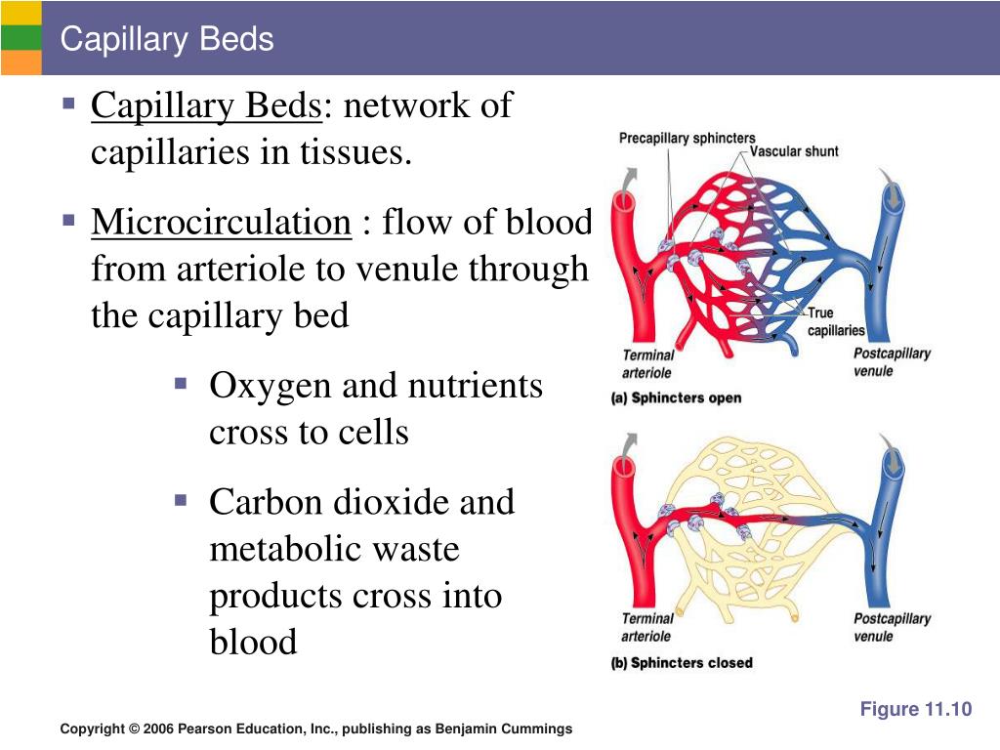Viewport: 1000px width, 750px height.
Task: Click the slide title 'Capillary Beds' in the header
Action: [x=166, y=40]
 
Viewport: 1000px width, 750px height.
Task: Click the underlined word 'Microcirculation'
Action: [x=221, y=223]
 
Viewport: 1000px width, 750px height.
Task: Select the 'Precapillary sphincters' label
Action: [x=687, y=139]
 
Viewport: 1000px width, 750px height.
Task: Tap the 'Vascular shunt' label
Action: [x=794, y=151]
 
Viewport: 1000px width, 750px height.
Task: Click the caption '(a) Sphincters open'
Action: [x=676, y=398]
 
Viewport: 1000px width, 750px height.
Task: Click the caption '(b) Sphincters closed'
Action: [x=682, y=663]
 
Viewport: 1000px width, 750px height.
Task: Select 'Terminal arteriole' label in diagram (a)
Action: [x=647, y=363]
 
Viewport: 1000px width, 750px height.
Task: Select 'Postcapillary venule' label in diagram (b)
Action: [x=892, y=627]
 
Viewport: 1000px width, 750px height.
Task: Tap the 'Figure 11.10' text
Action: [x=915, y=710]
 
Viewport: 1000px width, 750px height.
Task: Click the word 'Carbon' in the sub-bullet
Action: [x=266, y=502]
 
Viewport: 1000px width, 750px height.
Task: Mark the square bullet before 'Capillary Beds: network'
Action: [x=68, y=103]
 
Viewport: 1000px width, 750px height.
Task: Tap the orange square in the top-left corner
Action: [x=21, y=62]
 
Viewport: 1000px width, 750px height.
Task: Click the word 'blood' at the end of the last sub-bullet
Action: [x=253, y=643]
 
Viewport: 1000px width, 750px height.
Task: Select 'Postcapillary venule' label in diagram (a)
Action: [x=892, y=362]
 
